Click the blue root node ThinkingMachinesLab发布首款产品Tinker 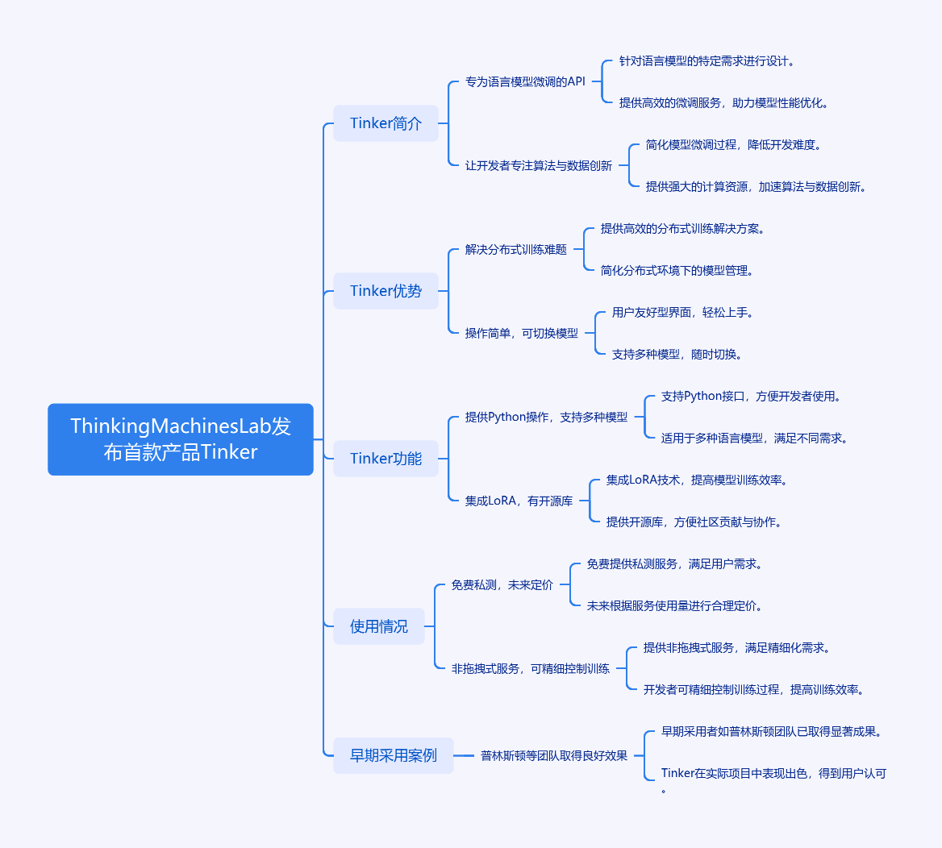(181, 439)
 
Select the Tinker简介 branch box (386, 123)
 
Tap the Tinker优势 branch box (386, 291)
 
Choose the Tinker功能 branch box (386, 459)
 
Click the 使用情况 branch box (378, 626)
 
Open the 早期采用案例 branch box (393, 755)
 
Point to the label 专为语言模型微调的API (525, 81)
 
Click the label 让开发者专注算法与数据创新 (539, 165)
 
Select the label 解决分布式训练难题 (516, 249)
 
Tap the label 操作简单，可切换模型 (522, 333)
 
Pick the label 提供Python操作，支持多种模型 (546, 417)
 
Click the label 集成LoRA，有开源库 (519, 501)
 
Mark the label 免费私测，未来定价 (502, 584)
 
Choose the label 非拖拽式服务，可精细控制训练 (531, 668)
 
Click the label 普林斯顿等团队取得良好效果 (554, 755)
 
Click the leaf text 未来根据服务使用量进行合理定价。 (675, 605)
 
